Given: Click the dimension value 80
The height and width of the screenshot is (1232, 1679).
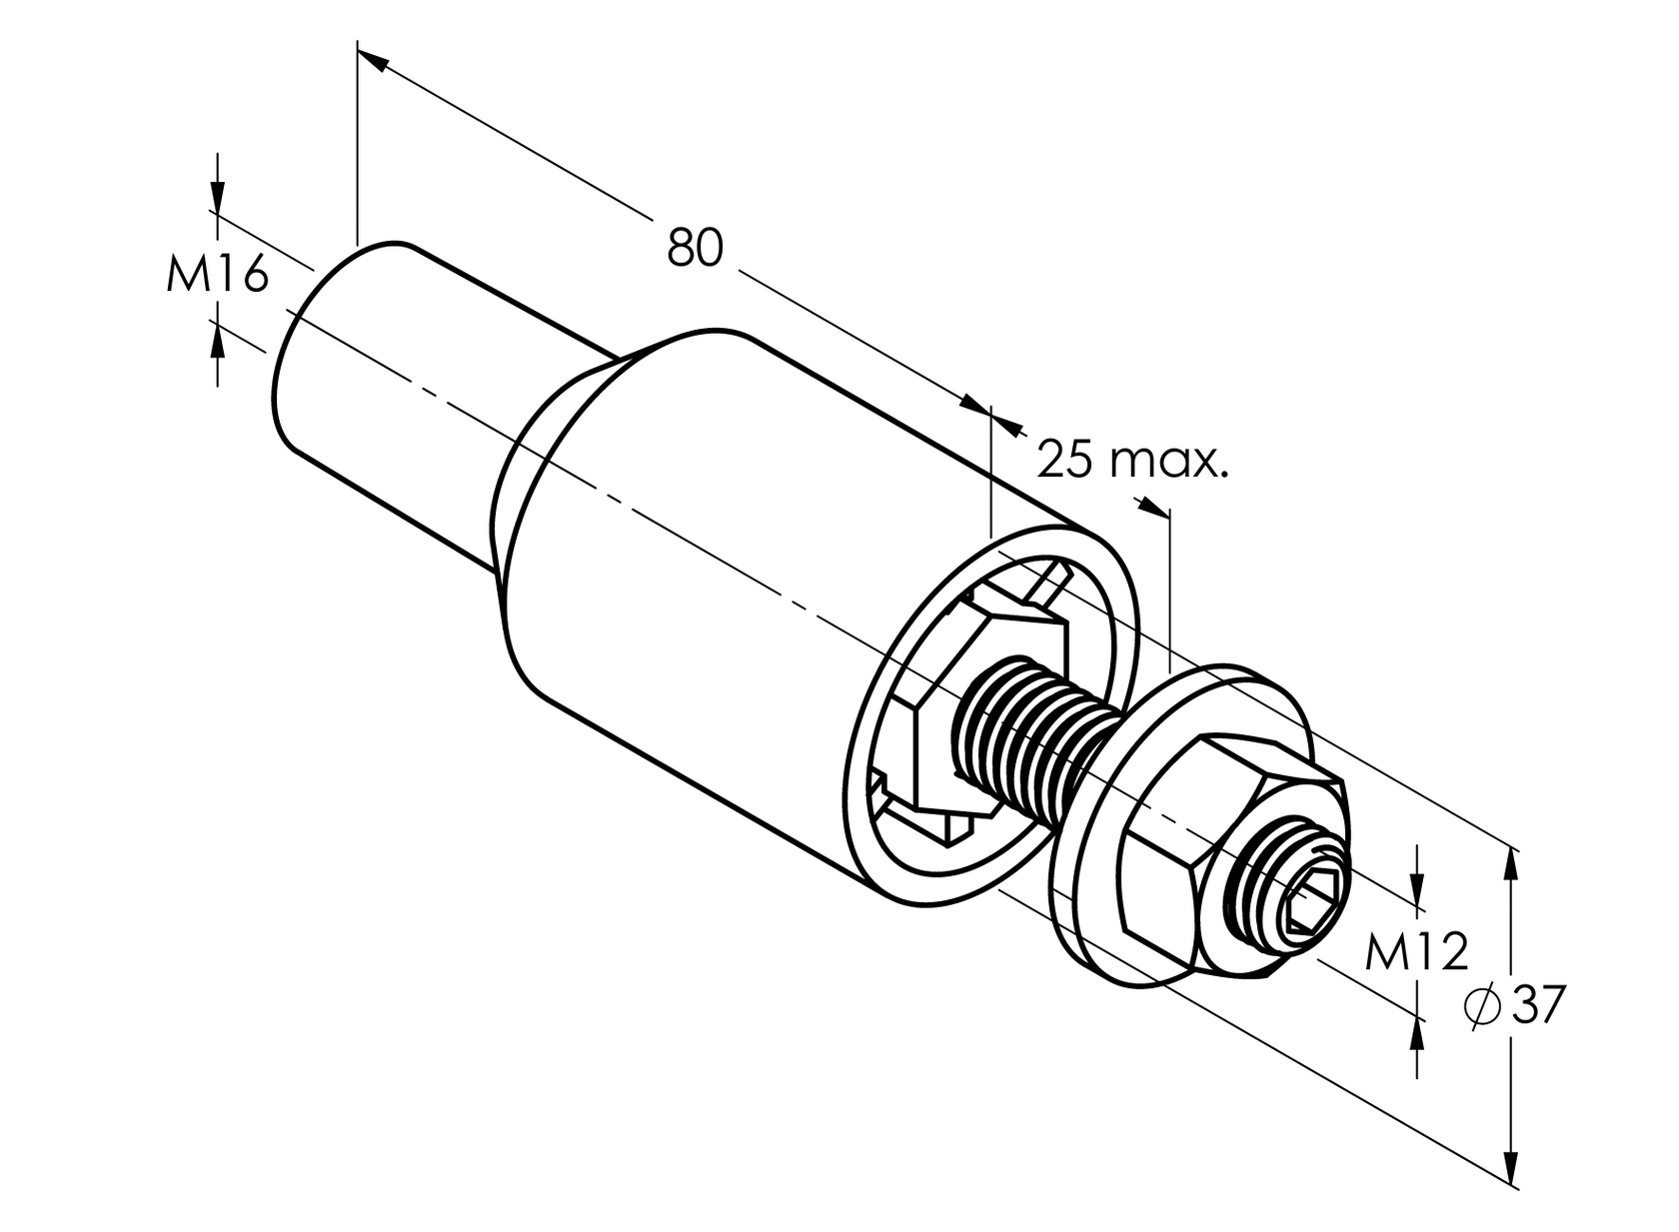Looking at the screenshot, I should coord(695,248).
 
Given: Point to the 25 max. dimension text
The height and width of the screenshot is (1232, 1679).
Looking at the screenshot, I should coord(1131,461).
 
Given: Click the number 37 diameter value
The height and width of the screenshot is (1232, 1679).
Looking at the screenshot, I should coord(1537,1004).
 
